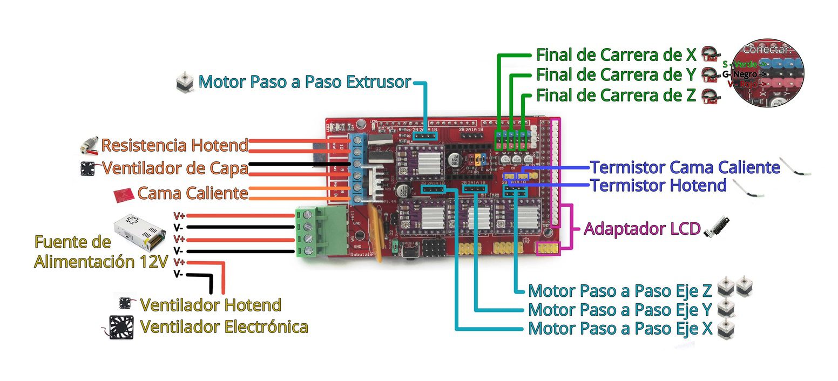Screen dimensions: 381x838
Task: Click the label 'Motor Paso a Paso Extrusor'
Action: (305, 82)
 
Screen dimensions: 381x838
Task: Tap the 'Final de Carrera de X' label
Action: (617, 55)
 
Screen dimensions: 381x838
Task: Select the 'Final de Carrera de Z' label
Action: (616, 96)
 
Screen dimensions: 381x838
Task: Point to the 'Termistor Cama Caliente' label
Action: (684, 167)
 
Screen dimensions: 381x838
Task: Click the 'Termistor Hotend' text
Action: (658, 186)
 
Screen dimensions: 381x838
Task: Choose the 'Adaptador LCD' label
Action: (642, 229)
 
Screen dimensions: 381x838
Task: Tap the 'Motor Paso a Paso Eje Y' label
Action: (620, 310)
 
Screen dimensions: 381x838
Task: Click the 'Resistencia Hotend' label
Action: (174, 145)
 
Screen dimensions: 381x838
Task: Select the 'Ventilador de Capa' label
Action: (175, 168)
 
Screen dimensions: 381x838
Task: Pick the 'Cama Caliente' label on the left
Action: (192, 193)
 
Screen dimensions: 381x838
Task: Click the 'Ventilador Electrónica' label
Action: (224, 326)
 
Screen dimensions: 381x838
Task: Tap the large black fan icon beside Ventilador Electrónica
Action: (121, 327)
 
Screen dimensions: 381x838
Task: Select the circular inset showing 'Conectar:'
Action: (767, 74)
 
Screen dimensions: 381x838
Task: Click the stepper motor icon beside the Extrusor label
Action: (185, 83)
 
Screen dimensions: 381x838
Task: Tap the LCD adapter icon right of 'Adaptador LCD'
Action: (714, 229)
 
